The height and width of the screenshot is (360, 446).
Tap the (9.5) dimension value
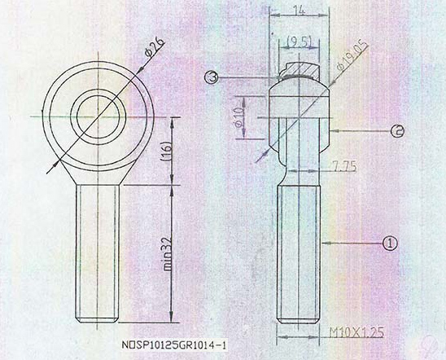pyautogui.click(x=300, y=41)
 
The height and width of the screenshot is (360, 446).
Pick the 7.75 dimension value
pyautogui.click(x=345, y=167)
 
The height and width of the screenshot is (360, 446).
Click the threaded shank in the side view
pyautogui.click(x=300, y=252)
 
